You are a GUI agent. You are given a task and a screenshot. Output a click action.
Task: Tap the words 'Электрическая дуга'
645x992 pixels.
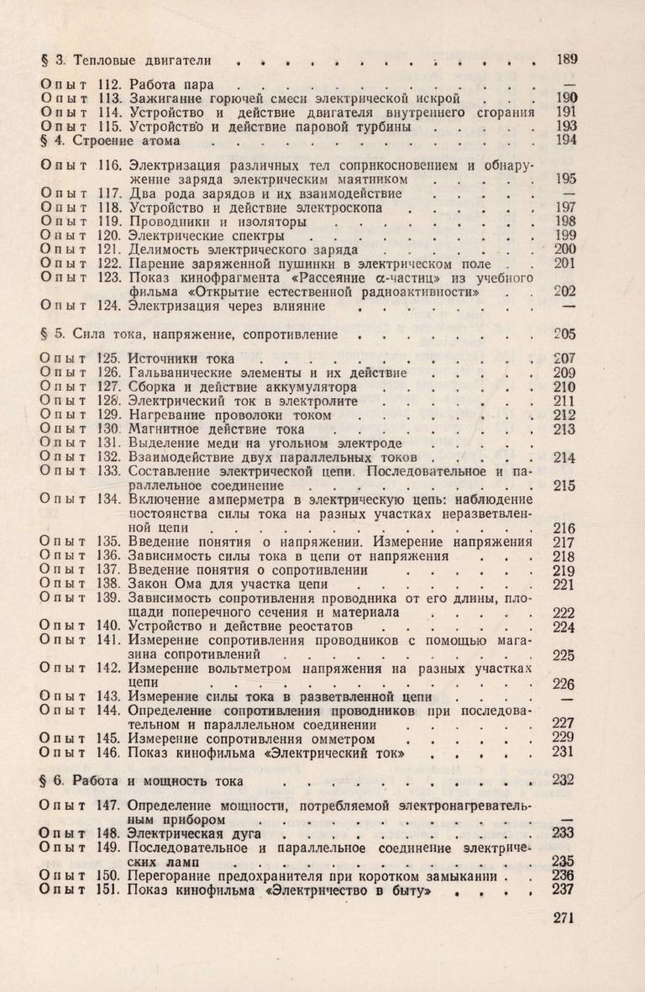(x=195, y=833)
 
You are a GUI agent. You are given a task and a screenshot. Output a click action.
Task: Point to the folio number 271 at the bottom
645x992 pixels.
(x=566, y=917)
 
